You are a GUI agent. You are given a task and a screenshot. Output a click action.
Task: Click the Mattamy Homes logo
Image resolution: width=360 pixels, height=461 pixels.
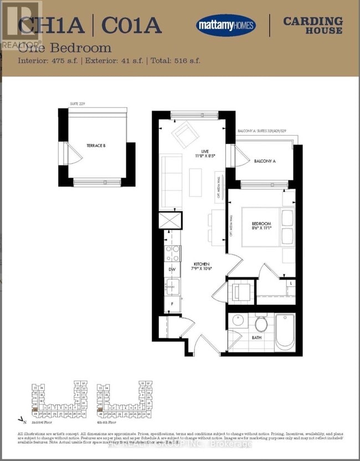click(225, 25)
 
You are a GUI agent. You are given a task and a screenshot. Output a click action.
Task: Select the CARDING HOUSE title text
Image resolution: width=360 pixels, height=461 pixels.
click(312, 25)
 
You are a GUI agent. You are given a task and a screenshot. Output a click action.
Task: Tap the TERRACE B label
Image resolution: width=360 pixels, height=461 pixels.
click(96, 146)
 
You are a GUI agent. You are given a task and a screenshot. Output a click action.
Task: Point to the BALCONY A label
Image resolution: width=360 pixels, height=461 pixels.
click(265, 161)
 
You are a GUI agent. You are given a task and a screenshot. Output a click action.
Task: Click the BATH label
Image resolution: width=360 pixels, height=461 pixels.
click(256, 336)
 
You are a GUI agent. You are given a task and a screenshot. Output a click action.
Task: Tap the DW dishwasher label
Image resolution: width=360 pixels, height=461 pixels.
click(172, 270)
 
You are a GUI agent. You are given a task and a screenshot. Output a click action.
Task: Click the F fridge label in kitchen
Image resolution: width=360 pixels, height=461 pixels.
click(172, 304)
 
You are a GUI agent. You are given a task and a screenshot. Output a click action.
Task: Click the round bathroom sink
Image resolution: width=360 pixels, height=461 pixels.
click(239, 320)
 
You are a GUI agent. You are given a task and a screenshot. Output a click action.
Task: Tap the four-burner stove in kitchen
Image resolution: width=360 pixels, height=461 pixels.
click(173, 253)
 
